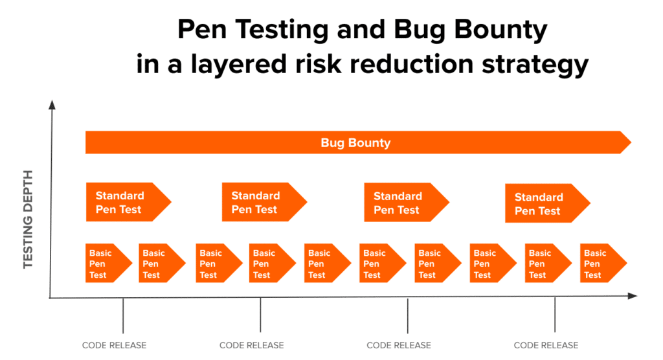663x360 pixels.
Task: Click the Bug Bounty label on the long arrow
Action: (355, 142)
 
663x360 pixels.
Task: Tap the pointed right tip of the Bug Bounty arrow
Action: (629, 142)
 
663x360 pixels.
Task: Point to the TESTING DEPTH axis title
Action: (28, 220)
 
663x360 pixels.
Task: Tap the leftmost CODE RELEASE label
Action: (114, 345)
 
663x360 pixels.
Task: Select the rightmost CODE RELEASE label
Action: (546, 345)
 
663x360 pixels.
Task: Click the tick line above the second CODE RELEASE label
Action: (260, 315)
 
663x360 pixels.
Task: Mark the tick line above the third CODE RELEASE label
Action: (407, 315)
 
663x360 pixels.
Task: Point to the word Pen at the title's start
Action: (200, 30)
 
